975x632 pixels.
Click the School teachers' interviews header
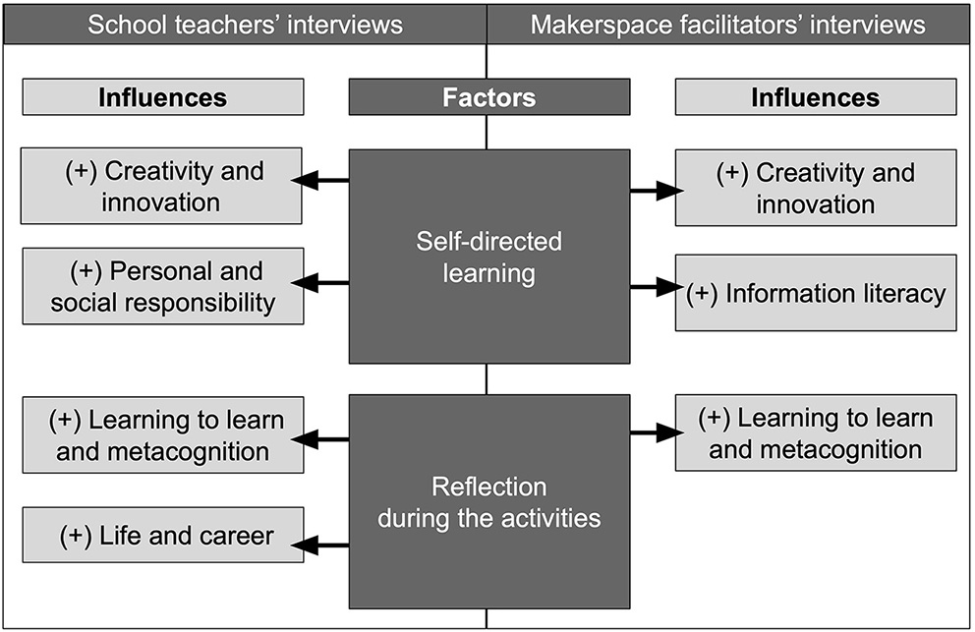tap(245, 24)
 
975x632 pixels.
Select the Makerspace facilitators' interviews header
tap(727, 24)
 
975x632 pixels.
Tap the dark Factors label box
tap(488, 97)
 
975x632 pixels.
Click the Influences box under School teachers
tap(162, 97)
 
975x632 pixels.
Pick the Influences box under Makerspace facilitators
tap(815, 97)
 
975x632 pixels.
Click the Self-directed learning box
tap(488, 256)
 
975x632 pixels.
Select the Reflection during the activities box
tap(488, 501)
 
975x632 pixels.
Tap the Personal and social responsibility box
tap(162, 286)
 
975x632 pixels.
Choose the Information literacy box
tap(815, 293)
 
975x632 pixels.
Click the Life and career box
tap(162, 536)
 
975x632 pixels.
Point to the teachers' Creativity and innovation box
tap(162, 187)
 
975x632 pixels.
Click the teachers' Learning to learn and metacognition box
tap(162, 434)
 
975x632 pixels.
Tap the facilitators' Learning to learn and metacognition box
tap(815, 432)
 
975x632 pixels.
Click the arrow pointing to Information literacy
tap(655, 287)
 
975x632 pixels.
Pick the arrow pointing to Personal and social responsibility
tap(322, 284)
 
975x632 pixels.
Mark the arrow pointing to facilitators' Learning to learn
tap(655, 432)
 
